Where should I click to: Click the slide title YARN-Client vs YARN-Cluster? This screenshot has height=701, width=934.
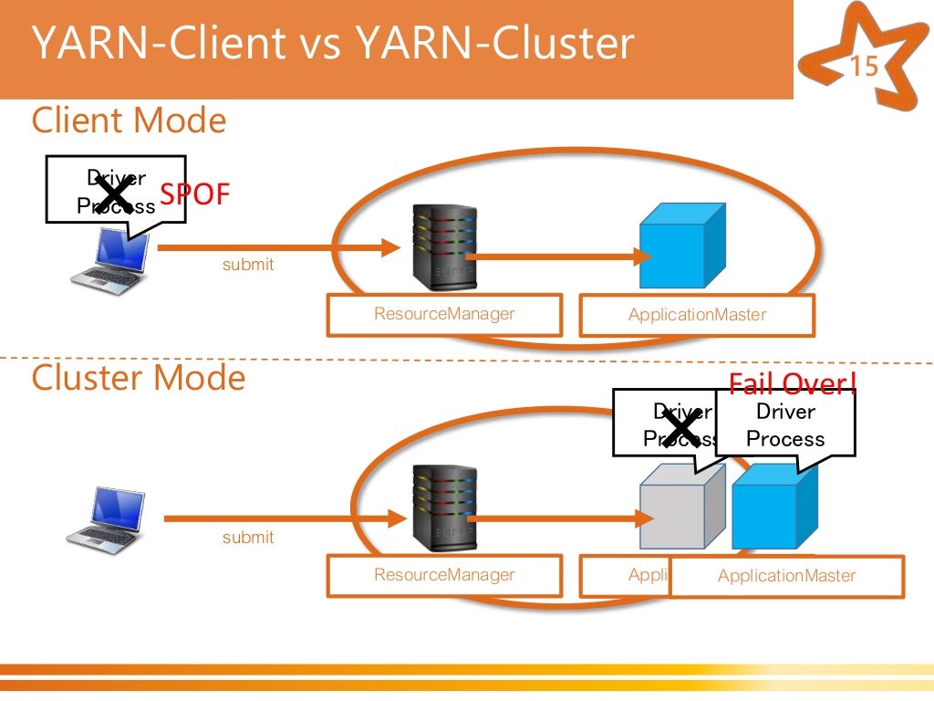click(x=332, y=44)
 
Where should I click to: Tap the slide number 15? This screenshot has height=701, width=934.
click(x=864, y=68)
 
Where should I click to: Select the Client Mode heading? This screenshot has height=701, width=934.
click(x=129, y=120)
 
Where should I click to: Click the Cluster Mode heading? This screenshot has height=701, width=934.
click(x=139, y=378)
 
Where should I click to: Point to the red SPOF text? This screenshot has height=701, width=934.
click(x=195, y=194)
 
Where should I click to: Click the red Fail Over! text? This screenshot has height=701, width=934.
click(x=792, y=384)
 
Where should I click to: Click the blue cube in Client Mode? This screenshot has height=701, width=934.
click(x=680, y=246)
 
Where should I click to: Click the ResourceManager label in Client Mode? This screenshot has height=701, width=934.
click(x=444, y=315)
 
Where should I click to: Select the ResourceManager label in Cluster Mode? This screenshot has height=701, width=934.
click(x=444, y=575)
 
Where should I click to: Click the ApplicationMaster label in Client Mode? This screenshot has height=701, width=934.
click(x=697, y=316)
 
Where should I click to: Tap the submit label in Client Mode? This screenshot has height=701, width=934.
click(x=248, y=265)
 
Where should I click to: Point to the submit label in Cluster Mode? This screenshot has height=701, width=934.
click(x=248, y=538)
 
